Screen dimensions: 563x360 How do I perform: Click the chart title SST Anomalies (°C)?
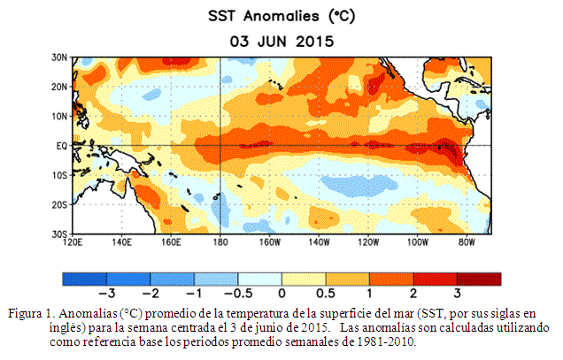281,17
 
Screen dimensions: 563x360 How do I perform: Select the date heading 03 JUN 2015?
281,42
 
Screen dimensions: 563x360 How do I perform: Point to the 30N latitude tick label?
59,57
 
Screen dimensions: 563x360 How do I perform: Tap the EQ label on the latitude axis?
61,146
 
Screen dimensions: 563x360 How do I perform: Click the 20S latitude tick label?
59,205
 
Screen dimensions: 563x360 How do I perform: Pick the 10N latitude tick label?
59,117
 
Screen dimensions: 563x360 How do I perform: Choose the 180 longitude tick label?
220,242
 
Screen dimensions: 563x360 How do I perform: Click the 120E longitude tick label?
73,242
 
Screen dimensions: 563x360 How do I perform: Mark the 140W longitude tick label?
319,242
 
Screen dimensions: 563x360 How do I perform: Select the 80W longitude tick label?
467,242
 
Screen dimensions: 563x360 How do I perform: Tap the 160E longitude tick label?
171,242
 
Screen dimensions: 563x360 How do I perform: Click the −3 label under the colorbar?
107,294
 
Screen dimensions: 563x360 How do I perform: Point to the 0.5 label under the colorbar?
326,294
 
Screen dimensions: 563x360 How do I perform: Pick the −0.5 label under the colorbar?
238,294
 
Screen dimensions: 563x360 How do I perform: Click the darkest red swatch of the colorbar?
479,280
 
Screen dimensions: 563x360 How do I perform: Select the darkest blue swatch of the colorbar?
85,280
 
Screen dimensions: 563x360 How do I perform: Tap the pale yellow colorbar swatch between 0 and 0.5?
304,280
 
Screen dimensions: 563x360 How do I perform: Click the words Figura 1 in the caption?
30,314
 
